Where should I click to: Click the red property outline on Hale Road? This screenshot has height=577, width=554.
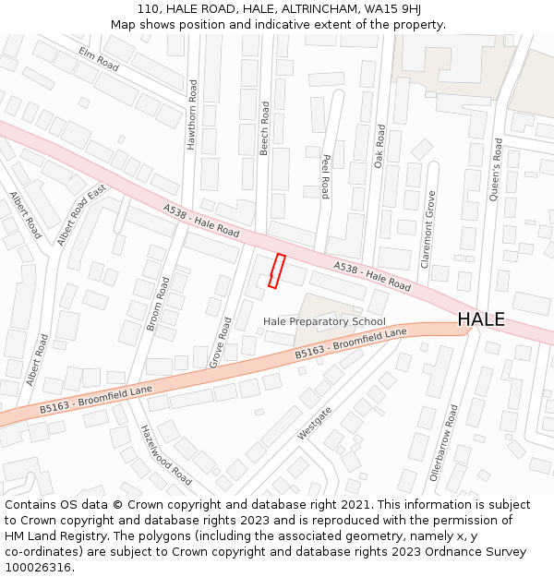276,270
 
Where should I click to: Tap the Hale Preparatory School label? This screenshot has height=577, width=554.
324,321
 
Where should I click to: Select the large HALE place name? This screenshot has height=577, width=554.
481,319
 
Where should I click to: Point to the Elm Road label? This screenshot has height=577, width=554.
99,59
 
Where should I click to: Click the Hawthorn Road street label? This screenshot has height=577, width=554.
193,114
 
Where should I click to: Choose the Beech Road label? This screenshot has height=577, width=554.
265,127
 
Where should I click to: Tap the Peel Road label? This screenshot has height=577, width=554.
325,175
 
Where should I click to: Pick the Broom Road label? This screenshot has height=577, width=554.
158,303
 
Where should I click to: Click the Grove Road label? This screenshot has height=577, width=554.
221,343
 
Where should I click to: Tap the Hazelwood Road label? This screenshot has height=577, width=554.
165,454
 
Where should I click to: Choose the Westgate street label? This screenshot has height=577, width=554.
314,423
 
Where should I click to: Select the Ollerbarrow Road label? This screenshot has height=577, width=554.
443,442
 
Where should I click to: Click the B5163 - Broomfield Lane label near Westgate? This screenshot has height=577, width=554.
351,343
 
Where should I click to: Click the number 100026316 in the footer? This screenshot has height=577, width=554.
40,568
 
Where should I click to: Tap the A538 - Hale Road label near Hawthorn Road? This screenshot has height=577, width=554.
200,220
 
